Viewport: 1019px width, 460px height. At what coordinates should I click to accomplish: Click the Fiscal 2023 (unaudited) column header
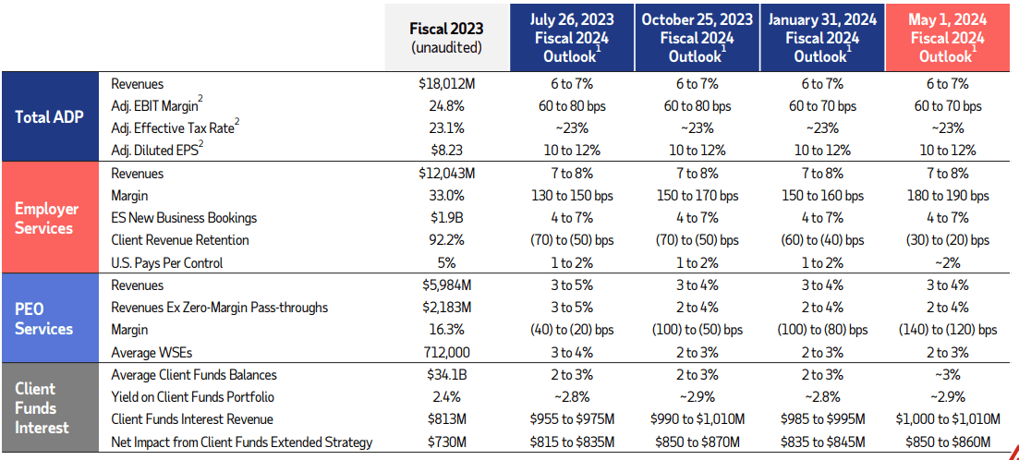pyautogui.click(x=446, y=38)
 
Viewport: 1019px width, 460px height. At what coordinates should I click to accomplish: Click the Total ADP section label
pyautogui.click(x=50, y=117)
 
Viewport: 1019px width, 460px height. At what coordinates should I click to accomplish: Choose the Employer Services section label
pyautogui.click(x=46, y=218)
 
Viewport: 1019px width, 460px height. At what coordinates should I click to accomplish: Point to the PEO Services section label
pyautogui.click(x=43, y=319)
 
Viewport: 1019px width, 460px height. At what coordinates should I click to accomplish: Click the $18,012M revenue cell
pyautogui.click(x=446, y=84)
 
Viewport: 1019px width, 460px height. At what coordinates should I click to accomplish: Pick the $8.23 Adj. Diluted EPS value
pyautogui.click(x=446, y=151)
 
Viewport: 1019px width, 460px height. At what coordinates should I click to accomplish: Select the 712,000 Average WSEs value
pyautogui.click(x=446, y=352)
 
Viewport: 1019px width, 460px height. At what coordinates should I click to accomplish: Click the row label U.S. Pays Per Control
pyautogui.click(x=167, y=262)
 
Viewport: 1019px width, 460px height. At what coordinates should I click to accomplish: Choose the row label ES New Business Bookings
pyautogui.click(x=184, y=218)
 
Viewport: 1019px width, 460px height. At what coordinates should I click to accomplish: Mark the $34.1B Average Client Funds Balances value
pyautogui.click(x=446, y=375)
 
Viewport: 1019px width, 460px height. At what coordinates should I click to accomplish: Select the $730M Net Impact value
pyautogui.click(x=446, y=442)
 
